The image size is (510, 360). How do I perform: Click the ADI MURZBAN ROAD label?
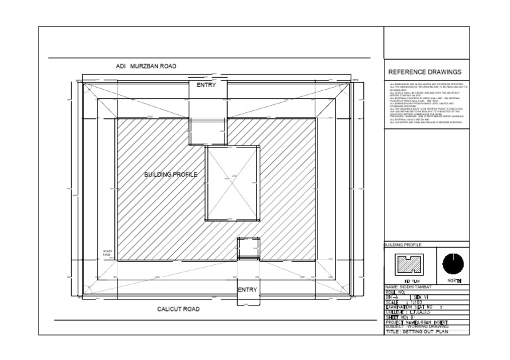point(145,66)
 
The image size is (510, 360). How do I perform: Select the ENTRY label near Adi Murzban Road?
point(206,86)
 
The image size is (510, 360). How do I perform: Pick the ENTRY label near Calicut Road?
point(247,290)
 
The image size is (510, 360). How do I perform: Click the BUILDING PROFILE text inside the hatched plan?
point(171,174)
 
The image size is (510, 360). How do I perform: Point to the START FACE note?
point(108,253)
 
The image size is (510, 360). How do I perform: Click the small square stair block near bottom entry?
point(247,248)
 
